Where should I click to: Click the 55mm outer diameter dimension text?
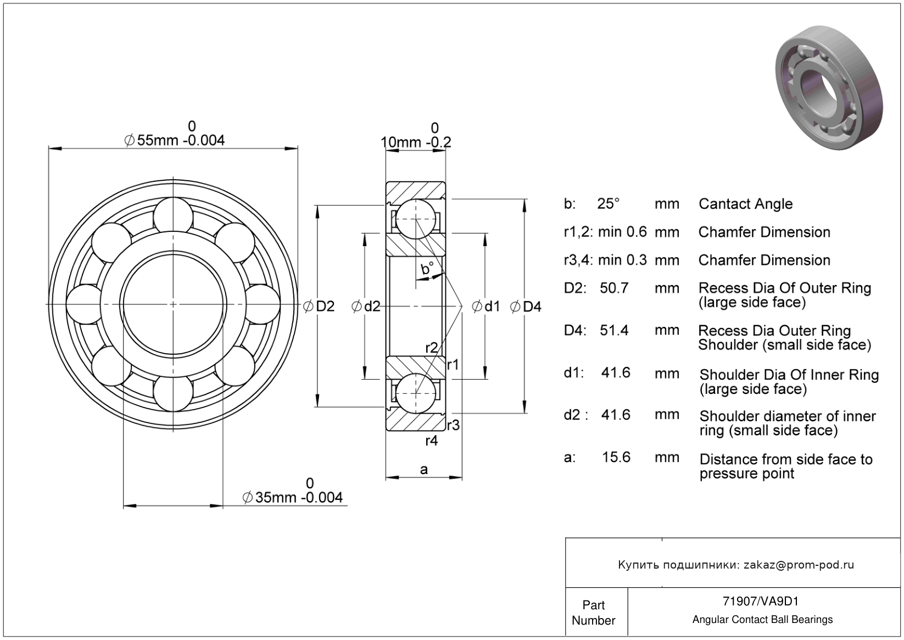[175, 141]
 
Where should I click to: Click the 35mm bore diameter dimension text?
[292, 498]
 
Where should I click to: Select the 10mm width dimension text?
[416, 142]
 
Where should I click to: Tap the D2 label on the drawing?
[325, 307]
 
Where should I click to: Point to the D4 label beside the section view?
[531, 307]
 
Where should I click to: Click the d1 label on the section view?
[491, 307]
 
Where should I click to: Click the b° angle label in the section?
[427, 269]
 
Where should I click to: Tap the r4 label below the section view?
[432, 441]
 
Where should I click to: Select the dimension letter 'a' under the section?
[423, 469]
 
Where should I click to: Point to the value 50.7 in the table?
[614, 288]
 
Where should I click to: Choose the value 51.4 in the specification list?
[614, 330]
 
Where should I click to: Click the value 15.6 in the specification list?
[616, 457]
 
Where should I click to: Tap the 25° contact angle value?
[609, 204]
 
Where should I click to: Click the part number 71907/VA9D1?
[762, 602]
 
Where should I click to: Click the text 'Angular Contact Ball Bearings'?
[762, 620]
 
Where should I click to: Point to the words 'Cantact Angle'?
[745, 204]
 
